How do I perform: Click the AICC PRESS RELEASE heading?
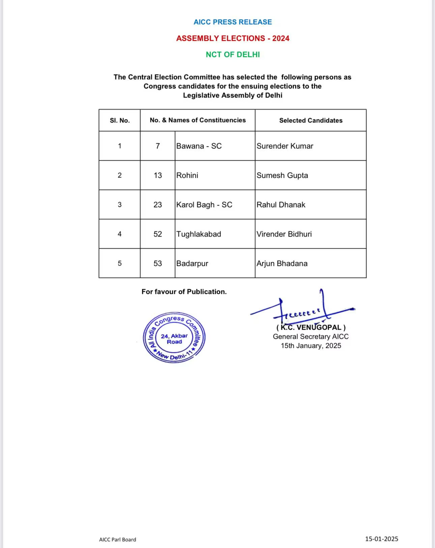(x=233, y=22)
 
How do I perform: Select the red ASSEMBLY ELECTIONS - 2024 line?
(x=233, y=38)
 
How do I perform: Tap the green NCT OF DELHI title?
(x=233, y=54)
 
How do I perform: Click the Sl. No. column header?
(x=120, y=120)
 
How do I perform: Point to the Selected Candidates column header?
(x=311, y=120)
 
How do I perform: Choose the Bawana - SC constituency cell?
(x=199, y=146)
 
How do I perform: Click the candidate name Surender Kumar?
(x=285, y=146)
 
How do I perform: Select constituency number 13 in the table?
(x=158, y=175)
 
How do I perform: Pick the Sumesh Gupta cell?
(x=282, y=175)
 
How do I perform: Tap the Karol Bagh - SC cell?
(x=204, y=205)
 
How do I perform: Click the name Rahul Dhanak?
(x=281, y=205)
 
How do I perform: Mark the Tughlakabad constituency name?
(x=199, y=234)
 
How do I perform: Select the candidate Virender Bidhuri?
(x=284, y=234)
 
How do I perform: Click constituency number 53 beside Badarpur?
(x=158, y=264)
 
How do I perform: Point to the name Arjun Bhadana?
(x=282, y=264)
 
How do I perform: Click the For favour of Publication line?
(x=184, y=292)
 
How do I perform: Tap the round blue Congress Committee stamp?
(x=174, y=338)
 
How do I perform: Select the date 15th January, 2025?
(x=311, y=346)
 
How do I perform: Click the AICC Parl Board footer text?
(x=118, y=540)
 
